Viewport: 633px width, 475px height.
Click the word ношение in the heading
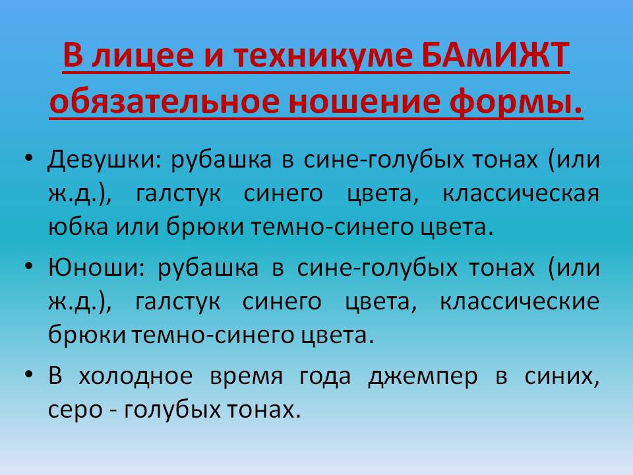click(x=364, y=102)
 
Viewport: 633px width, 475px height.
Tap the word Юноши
click(x=93, y=268)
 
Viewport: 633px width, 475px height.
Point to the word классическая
click(x=521, y=194)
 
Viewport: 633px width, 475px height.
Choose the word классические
click(x=520, y=301)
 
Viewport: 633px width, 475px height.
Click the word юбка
click(x=78, y=226)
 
